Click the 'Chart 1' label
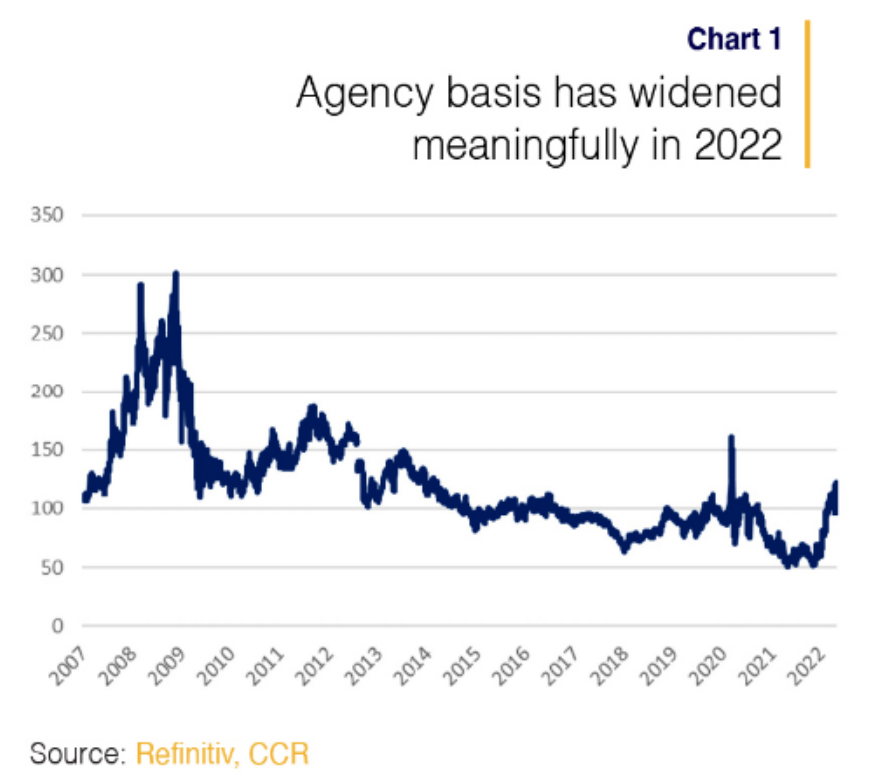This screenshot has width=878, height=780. (733, 38)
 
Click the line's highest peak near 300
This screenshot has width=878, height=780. (176, 273)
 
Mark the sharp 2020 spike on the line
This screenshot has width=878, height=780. (732, 437)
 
